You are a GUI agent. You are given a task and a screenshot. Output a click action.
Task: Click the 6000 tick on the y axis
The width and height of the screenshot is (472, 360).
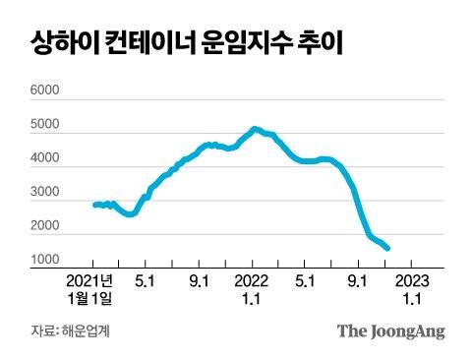pyautogui.click(x=44, y=91)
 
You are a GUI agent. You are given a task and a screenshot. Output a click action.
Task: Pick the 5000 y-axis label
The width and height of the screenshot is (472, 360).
pyautogui.click(x=44, y=126)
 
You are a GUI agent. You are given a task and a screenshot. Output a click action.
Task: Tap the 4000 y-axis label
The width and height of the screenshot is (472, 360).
pyautogui.click(x=44, y=159)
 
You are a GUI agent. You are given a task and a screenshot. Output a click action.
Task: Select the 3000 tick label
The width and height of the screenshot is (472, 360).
pyautogui.click(x=44, y=193)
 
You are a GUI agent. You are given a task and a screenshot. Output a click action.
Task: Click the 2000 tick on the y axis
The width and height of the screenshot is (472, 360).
pyautogui.click(x=44, y=226)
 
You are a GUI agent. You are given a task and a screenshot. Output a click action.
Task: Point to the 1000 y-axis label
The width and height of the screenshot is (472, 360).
pyautogui.click(x=44, y=261)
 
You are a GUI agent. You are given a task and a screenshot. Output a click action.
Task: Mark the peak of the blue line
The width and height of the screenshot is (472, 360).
pyautogui.click(x=254, y=129)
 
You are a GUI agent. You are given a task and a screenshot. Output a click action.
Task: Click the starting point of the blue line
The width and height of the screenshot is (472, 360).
pyautogui.click(x=94, y=205)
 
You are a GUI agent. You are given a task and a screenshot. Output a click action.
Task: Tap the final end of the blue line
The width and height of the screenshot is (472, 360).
pyautogui.click(x=387, y=249)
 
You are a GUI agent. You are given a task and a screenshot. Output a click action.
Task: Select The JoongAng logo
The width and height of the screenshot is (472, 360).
pyautogui.click(x=390, y=330)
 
